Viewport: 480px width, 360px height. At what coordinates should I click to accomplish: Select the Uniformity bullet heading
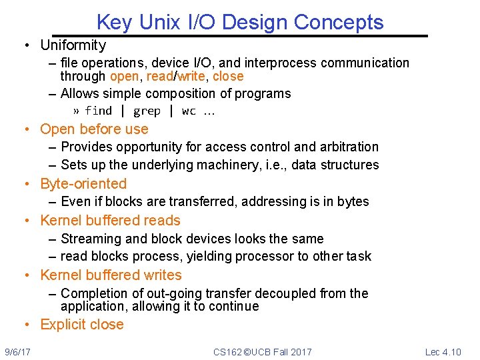coord(73,45)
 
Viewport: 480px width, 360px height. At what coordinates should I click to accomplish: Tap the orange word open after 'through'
coord(125,76)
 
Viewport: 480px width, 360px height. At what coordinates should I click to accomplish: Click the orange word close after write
coord(228,76)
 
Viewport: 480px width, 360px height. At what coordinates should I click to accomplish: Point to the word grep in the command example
coord(147,111)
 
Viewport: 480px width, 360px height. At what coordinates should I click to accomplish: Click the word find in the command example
coord(98,111)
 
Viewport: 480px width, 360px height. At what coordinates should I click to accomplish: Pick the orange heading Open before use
coord(94,129)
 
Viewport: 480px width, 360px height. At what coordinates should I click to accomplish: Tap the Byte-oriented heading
coord(83,183)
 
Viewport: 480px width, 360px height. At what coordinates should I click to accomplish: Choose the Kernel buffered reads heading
coord(110,220)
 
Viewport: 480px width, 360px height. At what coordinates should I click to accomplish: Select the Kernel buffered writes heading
coord(111,275)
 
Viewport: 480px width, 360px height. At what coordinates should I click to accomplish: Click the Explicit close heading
coord(82,325)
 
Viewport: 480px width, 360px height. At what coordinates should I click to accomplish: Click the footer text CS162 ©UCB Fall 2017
coord(262,351)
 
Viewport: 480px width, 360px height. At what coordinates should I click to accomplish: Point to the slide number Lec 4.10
coord(443,351)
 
